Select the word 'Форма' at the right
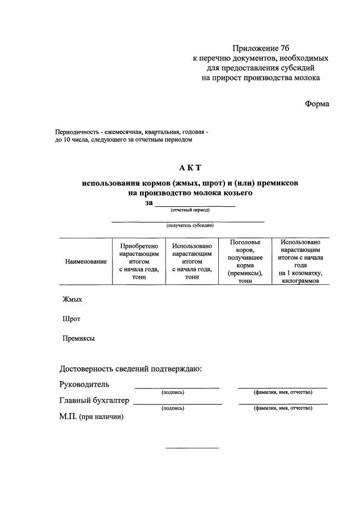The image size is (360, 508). (x=317, y=103)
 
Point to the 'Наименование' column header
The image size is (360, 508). (x=86, y=261)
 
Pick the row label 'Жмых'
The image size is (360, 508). (x=72, y=300)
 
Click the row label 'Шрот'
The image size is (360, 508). (x=71, y=319)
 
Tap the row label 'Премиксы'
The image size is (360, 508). (x=78, y=338)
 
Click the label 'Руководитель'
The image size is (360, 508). (x=84, y=384)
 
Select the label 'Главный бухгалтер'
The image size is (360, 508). (x=94, y=401)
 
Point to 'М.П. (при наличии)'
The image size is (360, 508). (x=91, y=416)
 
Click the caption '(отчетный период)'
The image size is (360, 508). (x=190, y=210)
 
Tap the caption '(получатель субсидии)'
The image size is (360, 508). (x=189, y=225)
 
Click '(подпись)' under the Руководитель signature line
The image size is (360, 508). (x=173, y=392)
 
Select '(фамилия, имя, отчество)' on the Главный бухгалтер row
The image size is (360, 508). (x=283, y=408)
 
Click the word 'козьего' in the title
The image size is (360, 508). (x=233, y=193)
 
